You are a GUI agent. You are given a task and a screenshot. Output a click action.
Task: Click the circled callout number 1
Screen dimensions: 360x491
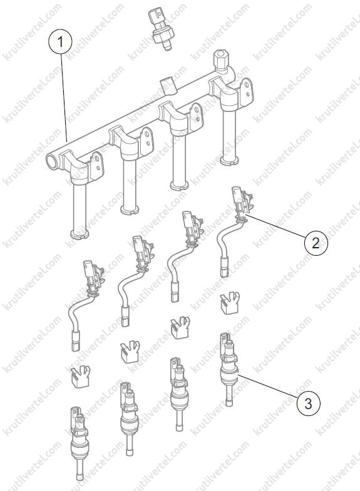(x=61, y=42)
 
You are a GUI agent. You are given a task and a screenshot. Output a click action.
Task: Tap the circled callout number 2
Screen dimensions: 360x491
(x=316, y=242)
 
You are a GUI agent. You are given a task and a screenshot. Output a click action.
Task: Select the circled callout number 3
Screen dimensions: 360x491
(x=308, y=403)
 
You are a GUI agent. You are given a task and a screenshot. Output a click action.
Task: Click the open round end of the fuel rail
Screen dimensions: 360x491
(x=52, y=161)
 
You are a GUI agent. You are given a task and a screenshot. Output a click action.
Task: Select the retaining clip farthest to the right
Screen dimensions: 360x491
(x=230, y=303)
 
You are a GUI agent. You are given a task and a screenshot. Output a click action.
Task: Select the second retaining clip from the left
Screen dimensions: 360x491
(x=129, y=353)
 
